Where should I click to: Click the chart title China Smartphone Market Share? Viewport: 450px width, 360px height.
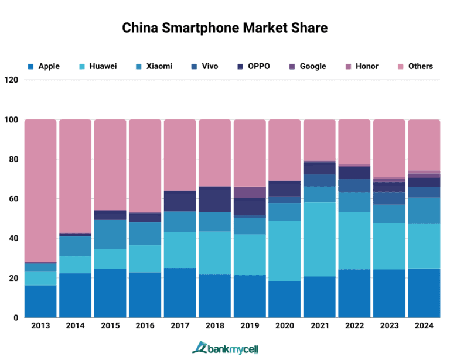[x=225, y=28]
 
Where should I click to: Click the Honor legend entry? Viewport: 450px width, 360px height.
[x=361, y=66]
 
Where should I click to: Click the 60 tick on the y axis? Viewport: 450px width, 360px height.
[x=12, y=199]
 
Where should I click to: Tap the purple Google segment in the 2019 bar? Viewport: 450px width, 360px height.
[x=250, y=193]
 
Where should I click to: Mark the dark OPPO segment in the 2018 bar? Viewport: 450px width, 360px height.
[x=215, y=199]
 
